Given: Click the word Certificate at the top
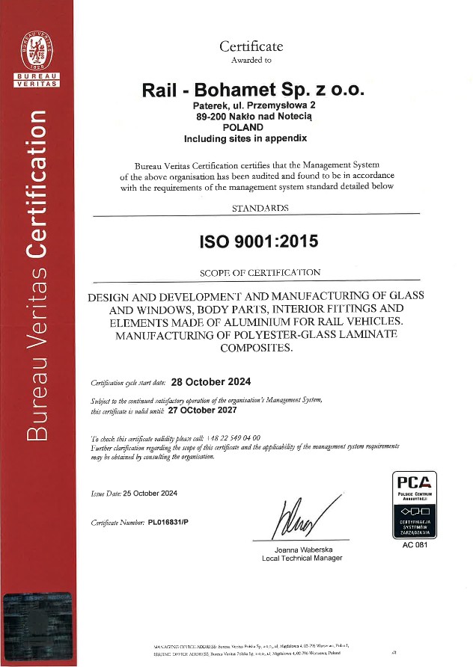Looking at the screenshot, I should coord(251,46).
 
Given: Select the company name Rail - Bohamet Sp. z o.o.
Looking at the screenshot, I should coord(252,89).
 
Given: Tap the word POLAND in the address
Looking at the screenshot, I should coord(253,127).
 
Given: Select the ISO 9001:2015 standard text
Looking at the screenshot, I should coord(257,241).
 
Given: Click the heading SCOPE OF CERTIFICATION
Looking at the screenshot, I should coord(260,272).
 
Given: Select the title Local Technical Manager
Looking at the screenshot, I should coord(302,559).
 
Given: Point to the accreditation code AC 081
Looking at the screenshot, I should coord(415,545).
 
